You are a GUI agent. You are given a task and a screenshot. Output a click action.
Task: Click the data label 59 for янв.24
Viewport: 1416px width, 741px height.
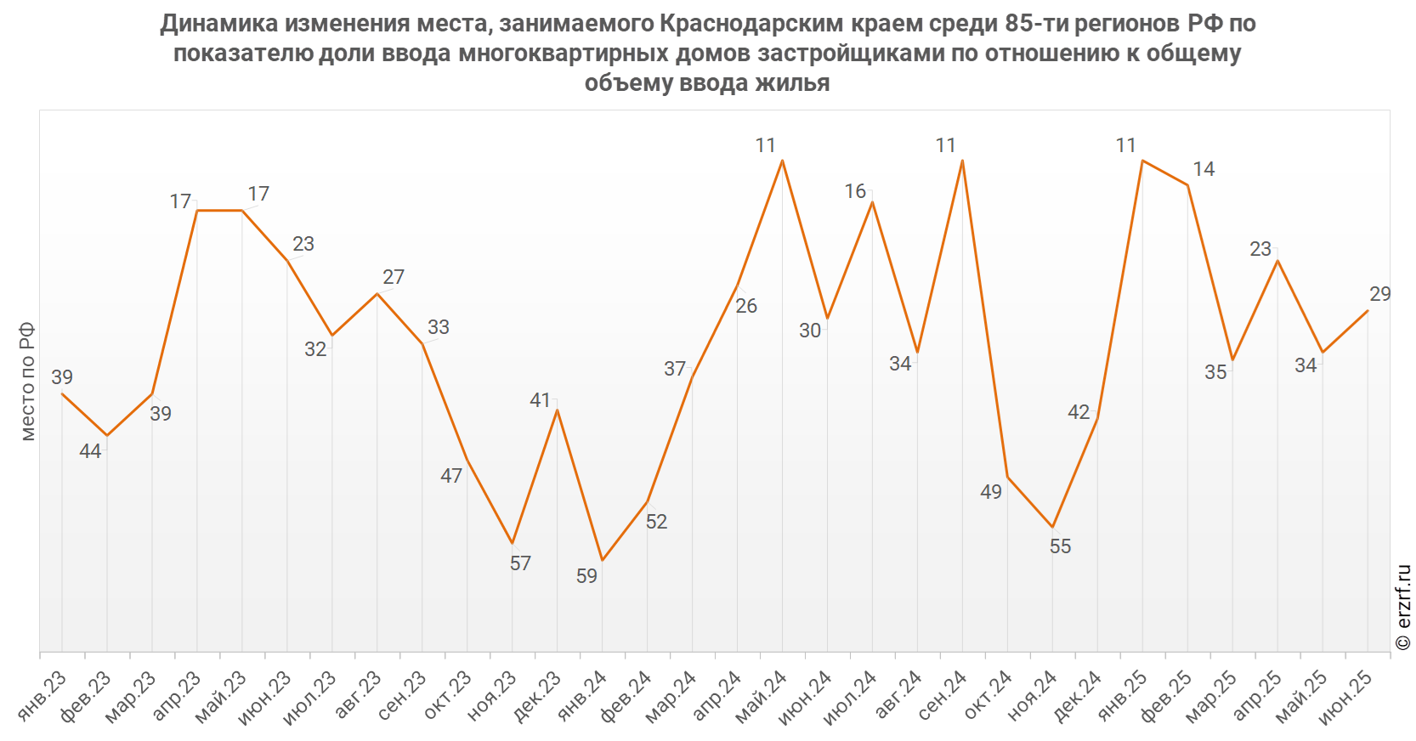coord(586,576)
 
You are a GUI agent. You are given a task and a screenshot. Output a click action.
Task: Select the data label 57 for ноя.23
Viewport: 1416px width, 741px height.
coord(520,563)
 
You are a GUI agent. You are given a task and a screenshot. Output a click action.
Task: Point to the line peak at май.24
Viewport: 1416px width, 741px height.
coord(782,161)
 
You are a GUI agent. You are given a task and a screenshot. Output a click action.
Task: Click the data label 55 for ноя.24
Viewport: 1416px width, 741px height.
coord(1060,546)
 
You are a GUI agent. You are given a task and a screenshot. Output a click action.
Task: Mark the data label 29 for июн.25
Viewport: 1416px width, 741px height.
coord(1380,294)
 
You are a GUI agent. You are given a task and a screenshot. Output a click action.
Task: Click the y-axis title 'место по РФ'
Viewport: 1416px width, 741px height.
coord(28,382)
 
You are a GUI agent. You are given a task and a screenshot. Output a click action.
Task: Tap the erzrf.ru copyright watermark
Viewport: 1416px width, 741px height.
coord(1403,607)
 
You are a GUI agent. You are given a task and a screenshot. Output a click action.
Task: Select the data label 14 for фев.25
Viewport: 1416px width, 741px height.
coord(1204,169)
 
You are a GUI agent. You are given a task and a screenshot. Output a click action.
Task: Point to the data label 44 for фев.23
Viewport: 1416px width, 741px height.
coord(90,451)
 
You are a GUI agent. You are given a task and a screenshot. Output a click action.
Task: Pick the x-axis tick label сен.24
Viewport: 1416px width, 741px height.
coord(943,694)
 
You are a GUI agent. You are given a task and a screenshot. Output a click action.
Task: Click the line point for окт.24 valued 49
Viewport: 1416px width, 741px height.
coord(1007,478)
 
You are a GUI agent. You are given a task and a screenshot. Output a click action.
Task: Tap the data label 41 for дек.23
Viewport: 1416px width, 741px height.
coord(540,400)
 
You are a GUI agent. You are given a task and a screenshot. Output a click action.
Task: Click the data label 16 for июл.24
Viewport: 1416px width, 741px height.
coord(855,191)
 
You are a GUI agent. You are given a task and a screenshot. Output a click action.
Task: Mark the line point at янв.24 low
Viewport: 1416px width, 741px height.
coord(602,561)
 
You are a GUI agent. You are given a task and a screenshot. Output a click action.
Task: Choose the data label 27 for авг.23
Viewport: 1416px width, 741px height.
coord(394,277)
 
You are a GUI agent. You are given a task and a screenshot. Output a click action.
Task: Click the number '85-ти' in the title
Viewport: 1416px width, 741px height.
coord(1037,23)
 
